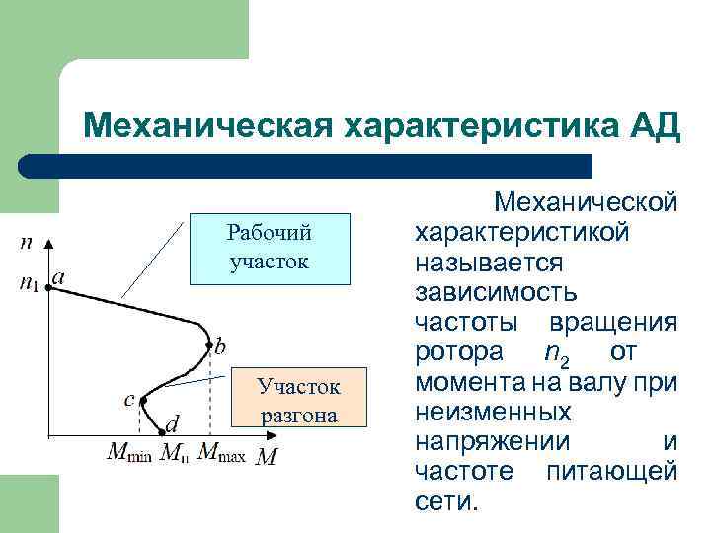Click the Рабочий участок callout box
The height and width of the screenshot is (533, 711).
(x=269, y=248)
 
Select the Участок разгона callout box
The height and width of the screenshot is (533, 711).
(x=298, y=398)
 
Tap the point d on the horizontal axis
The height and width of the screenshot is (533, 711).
(x=163, y=434)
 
